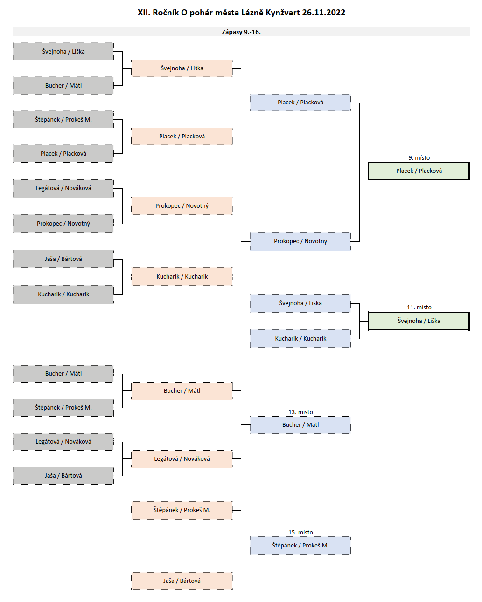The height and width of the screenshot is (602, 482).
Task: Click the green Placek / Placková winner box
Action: (x=419, y=171)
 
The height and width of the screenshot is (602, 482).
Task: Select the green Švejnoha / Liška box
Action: (x=419, y=321)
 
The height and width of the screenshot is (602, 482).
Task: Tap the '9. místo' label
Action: (x=419, y=158)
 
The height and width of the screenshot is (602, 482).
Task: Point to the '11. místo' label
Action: (x=419, y=308)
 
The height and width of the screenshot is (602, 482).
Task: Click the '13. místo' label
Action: (x=300, y=412)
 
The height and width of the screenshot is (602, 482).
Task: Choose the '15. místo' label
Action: (x=300, y=533)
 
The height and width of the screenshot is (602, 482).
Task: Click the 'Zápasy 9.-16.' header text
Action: (x=241, y=32)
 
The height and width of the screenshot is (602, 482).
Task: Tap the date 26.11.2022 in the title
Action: (x=323, y=13)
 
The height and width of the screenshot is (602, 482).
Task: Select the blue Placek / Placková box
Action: (x=300, y=103)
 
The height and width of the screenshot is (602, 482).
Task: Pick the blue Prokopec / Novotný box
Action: (x=300, y=241)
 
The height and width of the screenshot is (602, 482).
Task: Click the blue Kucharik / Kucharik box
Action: (x=300, y=339)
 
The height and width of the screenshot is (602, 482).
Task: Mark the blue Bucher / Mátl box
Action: (x=300, y=425)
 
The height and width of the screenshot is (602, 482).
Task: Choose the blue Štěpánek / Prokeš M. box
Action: (x=300, y=546)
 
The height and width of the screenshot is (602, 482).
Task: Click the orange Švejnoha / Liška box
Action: (x=182, y=68)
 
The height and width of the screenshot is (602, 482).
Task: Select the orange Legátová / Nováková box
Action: (x=182, y=459)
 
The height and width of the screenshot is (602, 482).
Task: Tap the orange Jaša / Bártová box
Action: (x=182, y=581)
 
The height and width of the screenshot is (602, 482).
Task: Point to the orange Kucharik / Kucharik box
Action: (x=182, y=277)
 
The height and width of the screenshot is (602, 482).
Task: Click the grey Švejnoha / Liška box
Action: (x=63, y=52)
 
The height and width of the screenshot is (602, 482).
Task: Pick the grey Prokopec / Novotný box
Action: (x=63, y=224)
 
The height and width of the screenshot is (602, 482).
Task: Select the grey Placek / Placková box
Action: (x=63, y=154)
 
